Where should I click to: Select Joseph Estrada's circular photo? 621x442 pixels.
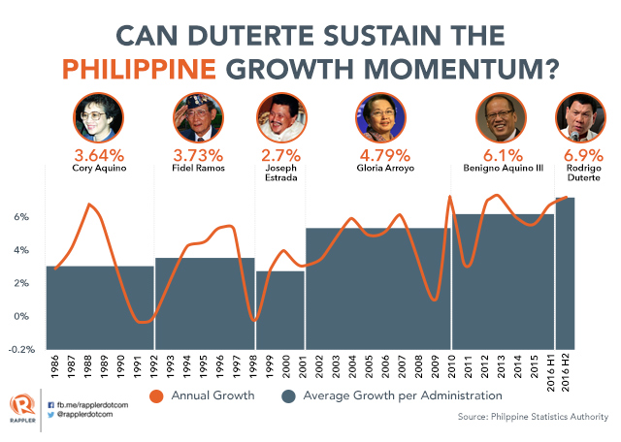tap(278, 119)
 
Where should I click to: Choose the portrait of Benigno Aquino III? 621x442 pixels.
tap(502, 119)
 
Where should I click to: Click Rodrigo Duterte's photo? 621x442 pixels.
tap(579, 119)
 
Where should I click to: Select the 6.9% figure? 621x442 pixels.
tap(579, 155)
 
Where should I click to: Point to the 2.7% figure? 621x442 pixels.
tap(278, 155)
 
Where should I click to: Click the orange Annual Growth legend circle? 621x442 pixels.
tap(154, 395)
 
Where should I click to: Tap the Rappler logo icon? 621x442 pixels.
tap(18, 403)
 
